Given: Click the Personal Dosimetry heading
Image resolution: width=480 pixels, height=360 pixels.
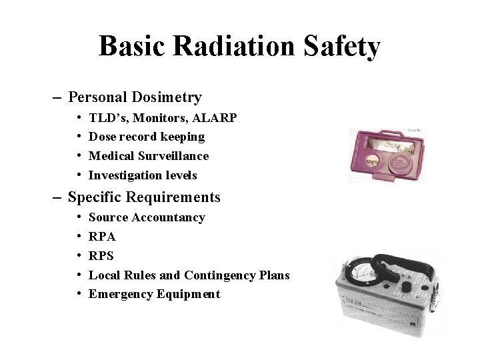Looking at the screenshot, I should tap(135, 97).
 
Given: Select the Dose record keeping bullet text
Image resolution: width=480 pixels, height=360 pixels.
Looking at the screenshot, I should tap(147, 137).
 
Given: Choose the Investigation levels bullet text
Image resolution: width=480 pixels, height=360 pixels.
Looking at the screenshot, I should tap(143, 175).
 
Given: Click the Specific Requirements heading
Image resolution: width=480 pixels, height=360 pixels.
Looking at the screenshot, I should tap(144, 197).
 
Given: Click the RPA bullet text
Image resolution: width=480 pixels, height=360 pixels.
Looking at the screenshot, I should tap(102, 237).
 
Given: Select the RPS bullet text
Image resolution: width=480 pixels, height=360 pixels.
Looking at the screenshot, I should tap(101, 256).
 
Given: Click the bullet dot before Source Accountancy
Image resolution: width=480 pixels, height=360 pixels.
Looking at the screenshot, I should tap(79, 217).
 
